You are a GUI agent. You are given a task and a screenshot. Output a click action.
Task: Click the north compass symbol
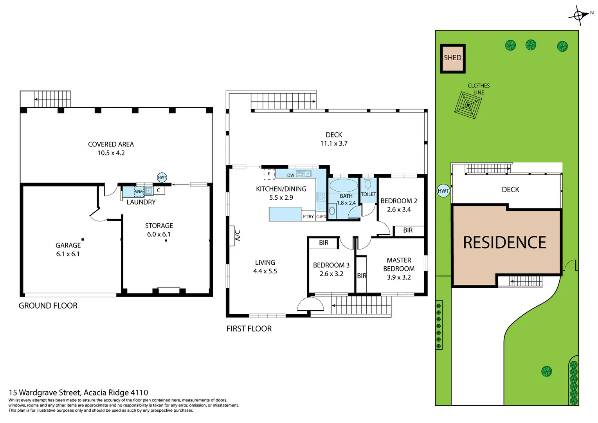(x=579, y=16)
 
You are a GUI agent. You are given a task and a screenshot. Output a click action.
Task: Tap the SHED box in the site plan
(x=452, y=58)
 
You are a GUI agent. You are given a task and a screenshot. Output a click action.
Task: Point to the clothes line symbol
(x=468, y=105)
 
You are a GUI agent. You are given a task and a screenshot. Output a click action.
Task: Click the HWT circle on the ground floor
(x=162, y=177)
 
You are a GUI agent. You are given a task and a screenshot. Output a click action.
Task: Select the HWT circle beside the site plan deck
(x=443, y=191)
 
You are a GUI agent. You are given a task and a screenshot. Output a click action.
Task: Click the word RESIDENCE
(x=504, y=243)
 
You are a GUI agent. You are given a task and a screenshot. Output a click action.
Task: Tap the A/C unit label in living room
(x=237, y=235)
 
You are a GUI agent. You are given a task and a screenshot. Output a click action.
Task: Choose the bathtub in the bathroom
(x=344, y=185)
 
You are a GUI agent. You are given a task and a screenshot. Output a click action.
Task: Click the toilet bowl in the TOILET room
(x=368, y=184)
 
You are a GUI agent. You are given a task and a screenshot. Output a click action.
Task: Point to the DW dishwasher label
(x=291, y=175)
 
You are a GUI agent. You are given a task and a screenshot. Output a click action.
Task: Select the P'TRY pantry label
(x=308, y=217)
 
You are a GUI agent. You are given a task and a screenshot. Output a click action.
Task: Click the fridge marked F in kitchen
(x=269, y=174)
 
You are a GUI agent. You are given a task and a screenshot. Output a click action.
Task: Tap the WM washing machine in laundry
(x=139, y=192)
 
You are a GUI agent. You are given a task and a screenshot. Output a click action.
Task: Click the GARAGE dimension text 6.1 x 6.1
(x=68, y=254)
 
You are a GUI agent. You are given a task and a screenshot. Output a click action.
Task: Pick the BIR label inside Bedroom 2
(x=408, y=230)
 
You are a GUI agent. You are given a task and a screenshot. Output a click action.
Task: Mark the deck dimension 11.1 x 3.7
(x=334, y=143)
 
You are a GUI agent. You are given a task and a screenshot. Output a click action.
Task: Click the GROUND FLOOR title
(x=48, y=305)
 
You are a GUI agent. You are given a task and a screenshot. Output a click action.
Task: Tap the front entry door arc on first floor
(x=311, y=304)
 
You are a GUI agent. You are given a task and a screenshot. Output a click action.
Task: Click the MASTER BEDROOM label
(x=399, y=264)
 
